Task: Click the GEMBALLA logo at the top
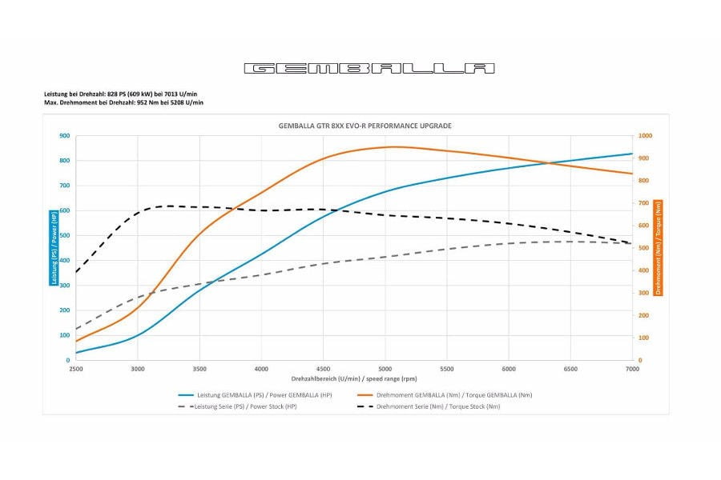(x=369, y=69)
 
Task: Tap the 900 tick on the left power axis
(x=64, y=136)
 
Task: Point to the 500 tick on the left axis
(x=64, y=235)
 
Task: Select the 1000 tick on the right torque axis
(x=644, y=136)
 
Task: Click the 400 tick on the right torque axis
(x=642, y=270)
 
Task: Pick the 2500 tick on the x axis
(x=76, y=369)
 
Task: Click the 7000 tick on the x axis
(x=631, y=369)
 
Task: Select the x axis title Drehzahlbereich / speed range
(x=354, y=377)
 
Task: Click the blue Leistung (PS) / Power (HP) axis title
(x=54, y=247)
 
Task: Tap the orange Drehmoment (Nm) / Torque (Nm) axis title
(x=658, y=247)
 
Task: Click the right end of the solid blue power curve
(x=631, y=154)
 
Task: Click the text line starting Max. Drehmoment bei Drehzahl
(x=123, y=102)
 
